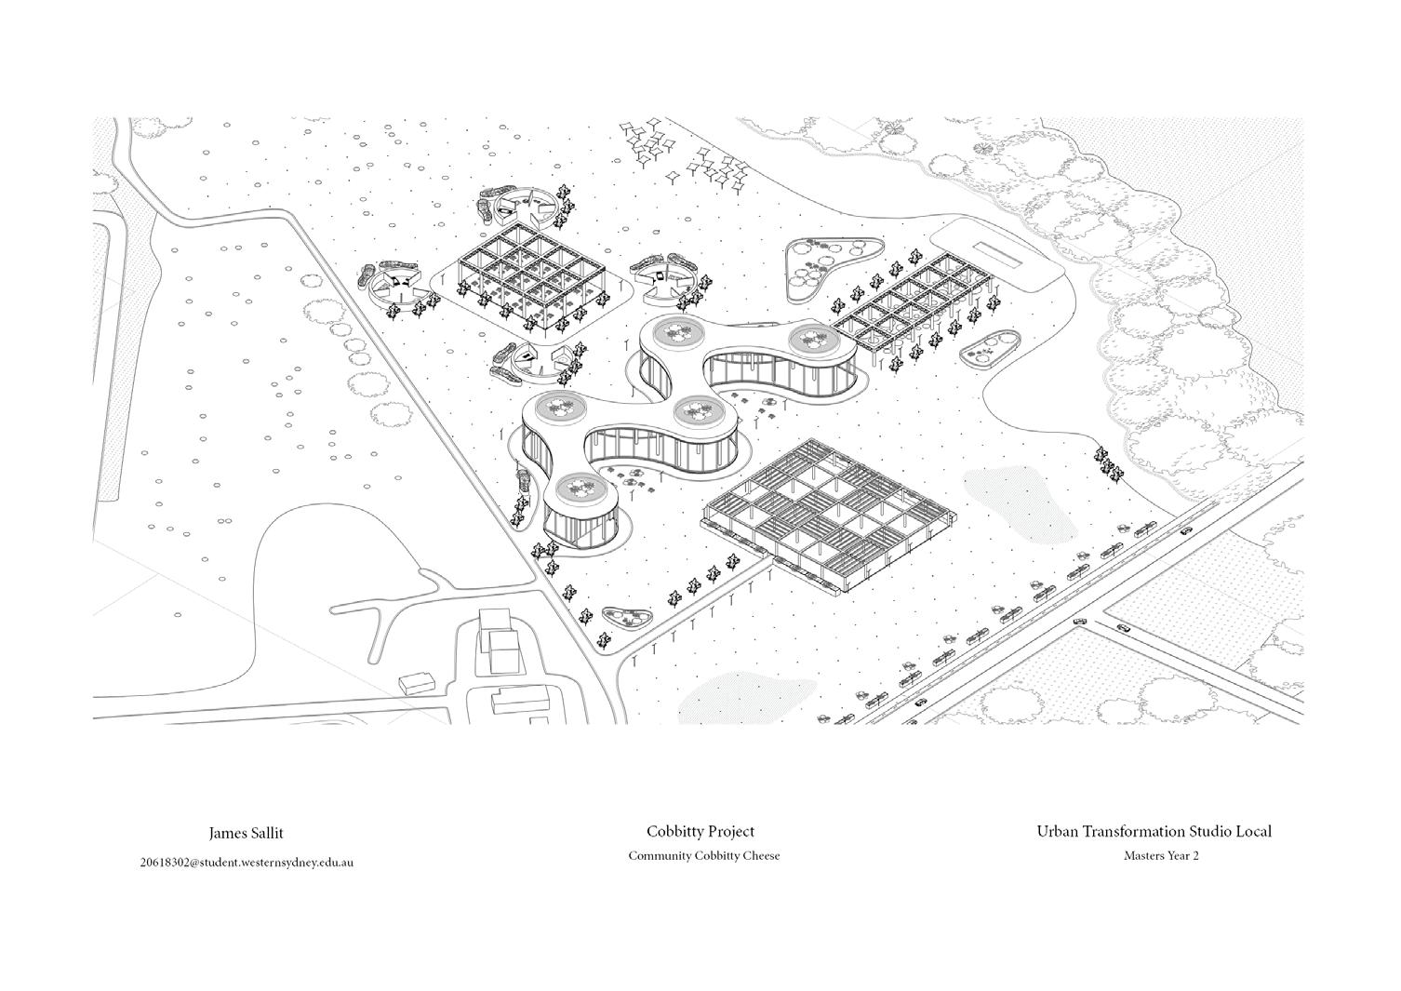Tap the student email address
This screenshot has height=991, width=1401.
click(x=247, y=863)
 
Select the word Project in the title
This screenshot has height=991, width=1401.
click(x=731, y=832)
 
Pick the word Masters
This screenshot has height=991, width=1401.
click(x=1143, y=856)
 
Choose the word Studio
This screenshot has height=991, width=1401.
click(x=1212, y=832)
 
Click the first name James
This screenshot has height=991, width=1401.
click(x=227, y=834)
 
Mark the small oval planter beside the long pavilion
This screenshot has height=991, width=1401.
click(x=989, y=353)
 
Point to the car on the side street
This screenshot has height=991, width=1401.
click(x=1124, y=628)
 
